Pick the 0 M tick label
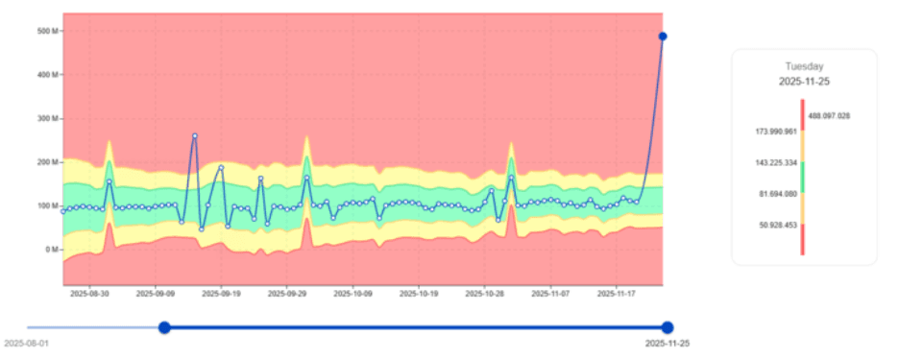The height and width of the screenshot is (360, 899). coord(51,250)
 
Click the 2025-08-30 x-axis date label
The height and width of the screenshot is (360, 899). coord(89,296)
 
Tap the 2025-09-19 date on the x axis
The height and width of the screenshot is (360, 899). coord(221,296)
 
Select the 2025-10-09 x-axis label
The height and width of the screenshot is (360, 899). coord(354,296)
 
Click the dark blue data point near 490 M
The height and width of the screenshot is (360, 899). coord(663,36)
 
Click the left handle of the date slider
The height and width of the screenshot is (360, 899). coord(164,327)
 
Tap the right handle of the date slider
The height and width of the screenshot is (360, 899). coord(668,327)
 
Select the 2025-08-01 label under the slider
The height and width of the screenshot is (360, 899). coord(26,343)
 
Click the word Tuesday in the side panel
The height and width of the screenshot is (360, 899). coord(804,66)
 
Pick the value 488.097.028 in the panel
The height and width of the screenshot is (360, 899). coord(829,115)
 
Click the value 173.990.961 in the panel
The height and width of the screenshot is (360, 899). coord(776,131)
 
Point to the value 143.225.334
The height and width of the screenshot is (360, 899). coord(776,162)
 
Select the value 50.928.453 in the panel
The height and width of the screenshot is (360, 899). coord(778,225)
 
